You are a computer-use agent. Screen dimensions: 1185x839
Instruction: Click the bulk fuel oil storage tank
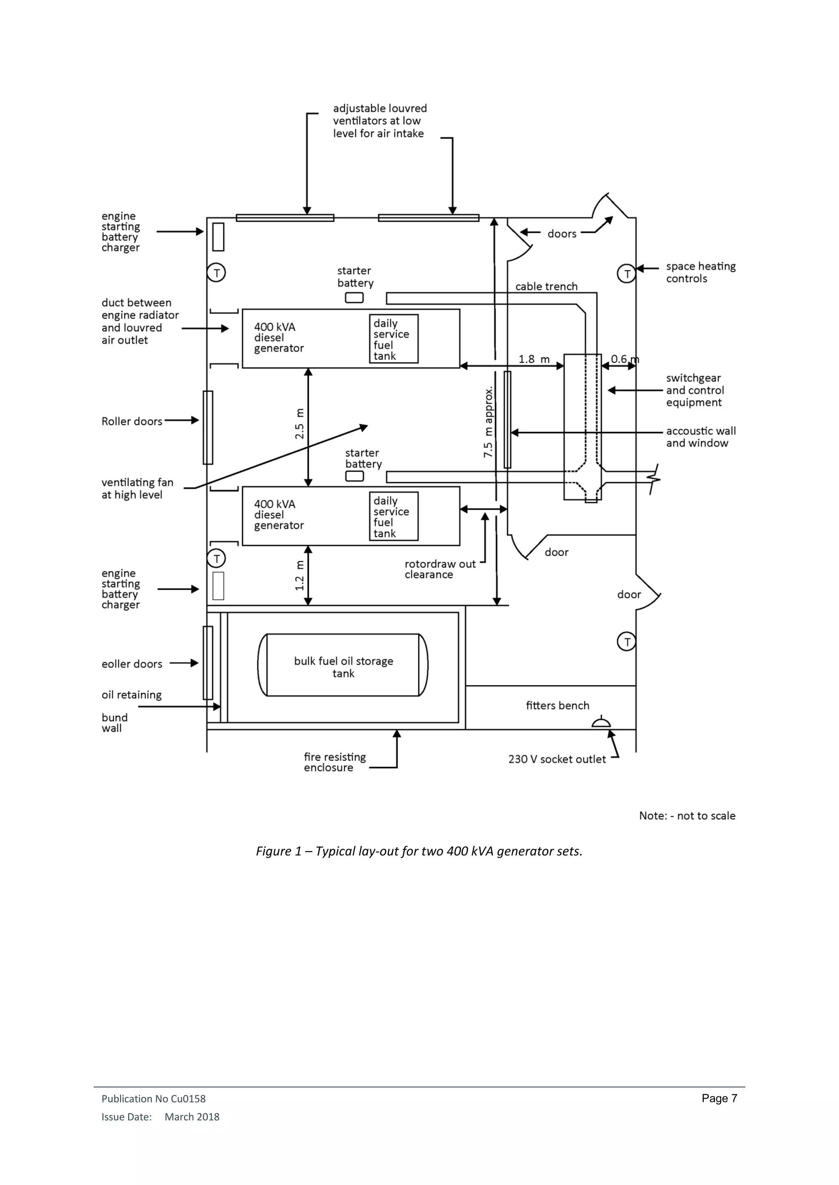coord(343,665)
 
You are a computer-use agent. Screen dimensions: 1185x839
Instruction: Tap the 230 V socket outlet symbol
coord(601,723)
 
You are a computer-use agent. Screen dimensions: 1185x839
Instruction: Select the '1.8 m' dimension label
coord(534,359)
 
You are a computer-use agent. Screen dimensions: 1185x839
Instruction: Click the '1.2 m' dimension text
coord(299,575)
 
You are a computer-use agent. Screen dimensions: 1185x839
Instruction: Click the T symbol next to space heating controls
coord(627,274)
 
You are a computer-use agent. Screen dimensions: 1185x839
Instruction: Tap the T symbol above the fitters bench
coord(627,642)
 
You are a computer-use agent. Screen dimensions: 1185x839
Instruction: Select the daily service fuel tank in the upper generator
coord(394,338)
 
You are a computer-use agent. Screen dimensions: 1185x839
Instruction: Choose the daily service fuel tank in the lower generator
coord(394,516)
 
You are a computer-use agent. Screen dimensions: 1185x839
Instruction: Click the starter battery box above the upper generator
coord(354,298)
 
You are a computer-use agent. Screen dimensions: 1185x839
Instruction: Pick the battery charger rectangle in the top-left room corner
coord(218,237)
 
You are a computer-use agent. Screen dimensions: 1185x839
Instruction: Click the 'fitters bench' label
coord(558,705)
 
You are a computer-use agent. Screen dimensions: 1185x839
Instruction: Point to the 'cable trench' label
coord(546,286)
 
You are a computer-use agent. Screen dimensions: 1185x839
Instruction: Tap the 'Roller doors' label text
coord(132,421)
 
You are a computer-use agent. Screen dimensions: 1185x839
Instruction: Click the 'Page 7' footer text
coord(719,1098)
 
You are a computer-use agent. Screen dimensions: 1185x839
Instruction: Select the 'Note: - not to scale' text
coord(687,816)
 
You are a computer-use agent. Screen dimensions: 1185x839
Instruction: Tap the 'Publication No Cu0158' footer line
coord(154,1099)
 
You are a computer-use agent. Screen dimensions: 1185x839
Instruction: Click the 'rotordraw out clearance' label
coord(439,569)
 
